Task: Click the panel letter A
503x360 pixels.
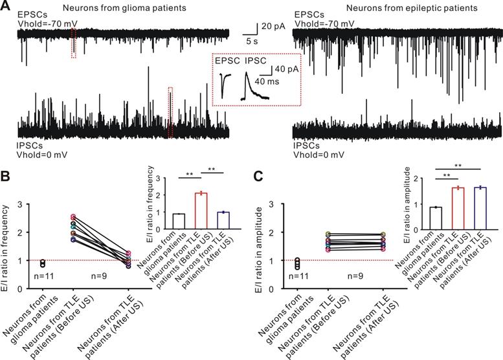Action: tap(8, 7)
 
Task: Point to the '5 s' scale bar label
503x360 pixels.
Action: tap(251, 40)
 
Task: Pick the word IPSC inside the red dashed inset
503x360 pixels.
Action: tap(256, 62)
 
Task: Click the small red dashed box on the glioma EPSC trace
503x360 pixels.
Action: tap(73, 43)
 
